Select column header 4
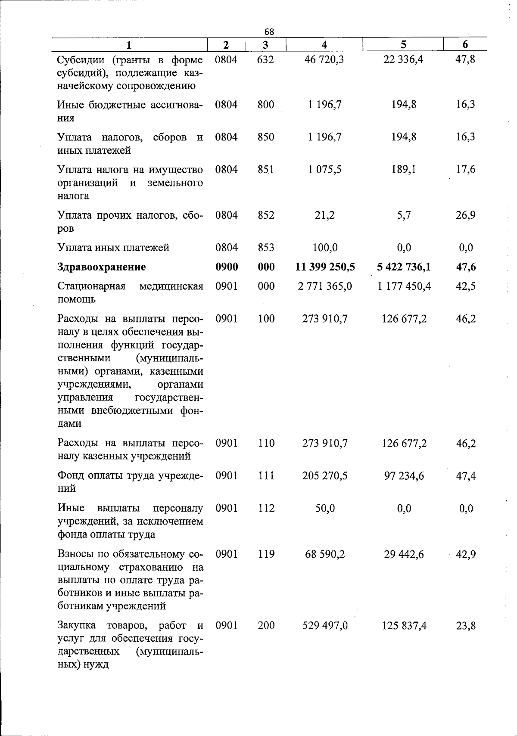(324, 45)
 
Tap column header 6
(465, 45)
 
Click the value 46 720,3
(324, 59)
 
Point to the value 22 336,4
(403, 59)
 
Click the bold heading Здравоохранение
(102, 267)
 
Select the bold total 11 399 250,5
(325, 267)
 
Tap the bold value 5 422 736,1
(404, 267)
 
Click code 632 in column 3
(265, 59)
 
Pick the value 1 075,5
(324, 170)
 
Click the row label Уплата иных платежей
(113, 248)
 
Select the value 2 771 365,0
(325, 286)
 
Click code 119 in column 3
(266, 554)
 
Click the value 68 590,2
(325, 554)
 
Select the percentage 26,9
(466, 215)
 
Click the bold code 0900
(227, 267)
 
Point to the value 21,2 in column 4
(325, 215)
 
